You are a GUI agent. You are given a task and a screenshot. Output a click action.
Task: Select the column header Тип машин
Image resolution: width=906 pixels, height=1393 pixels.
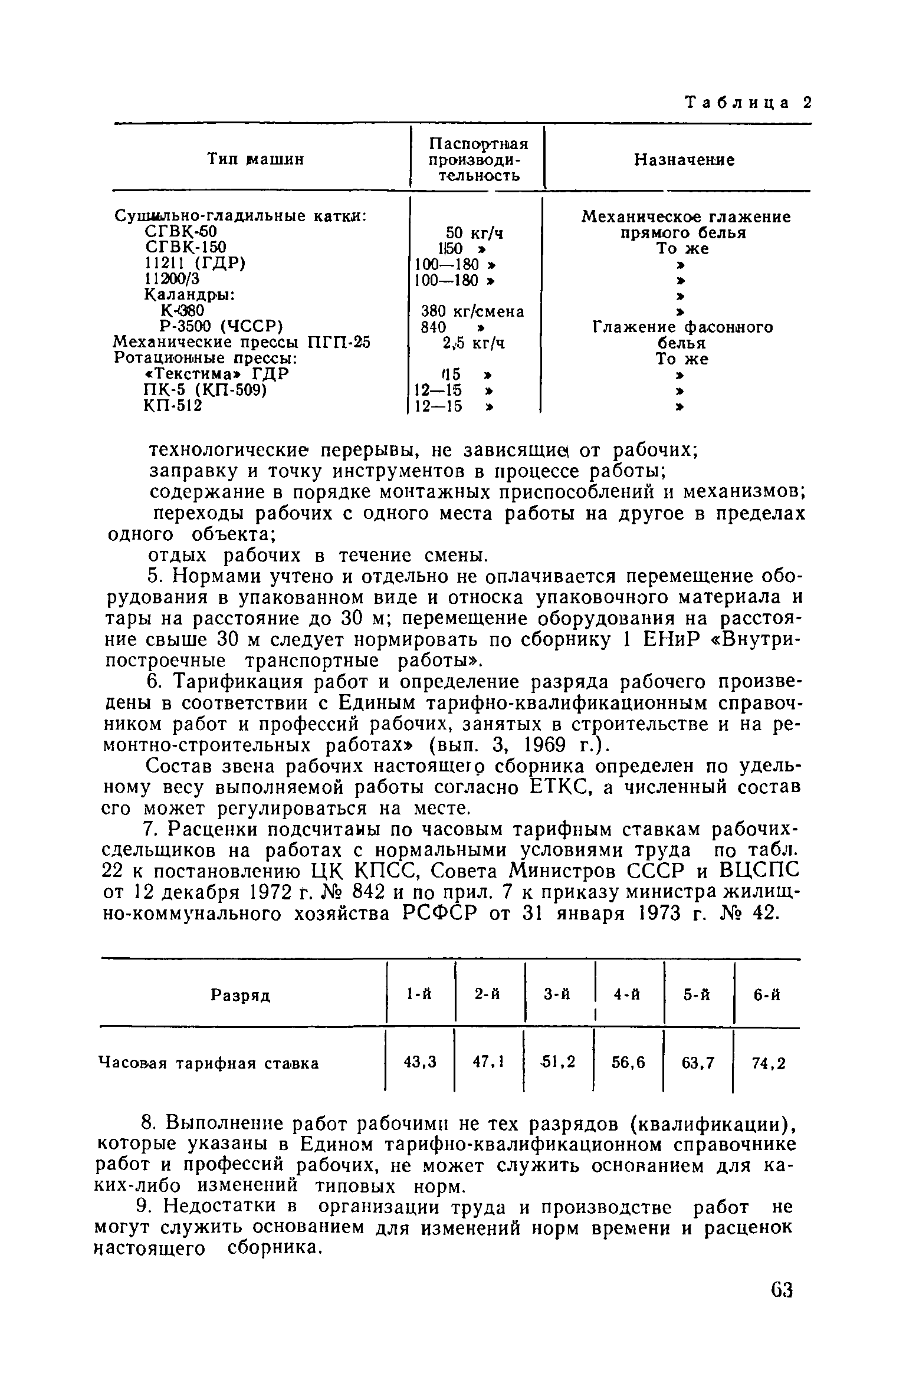pyautogui.click(x=256, y=159)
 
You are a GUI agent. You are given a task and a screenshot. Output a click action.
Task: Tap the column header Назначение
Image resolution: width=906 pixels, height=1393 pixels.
pyautogui.click(x=684, y=160)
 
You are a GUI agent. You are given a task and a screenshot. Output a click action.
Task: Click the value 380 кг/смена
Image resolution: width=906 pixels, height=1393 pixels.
pyautogui.click(x=472, y=311)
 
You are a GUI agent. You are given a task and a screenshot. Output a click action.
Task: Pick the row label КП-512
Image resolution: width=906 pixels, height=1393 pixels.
pyautogui.click(x=172, y=406)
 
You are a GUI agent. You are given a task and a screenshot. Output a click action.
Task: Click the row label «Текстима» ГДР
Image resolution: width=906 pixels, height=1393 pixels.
pyautogui.click(x=216, y=374)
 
